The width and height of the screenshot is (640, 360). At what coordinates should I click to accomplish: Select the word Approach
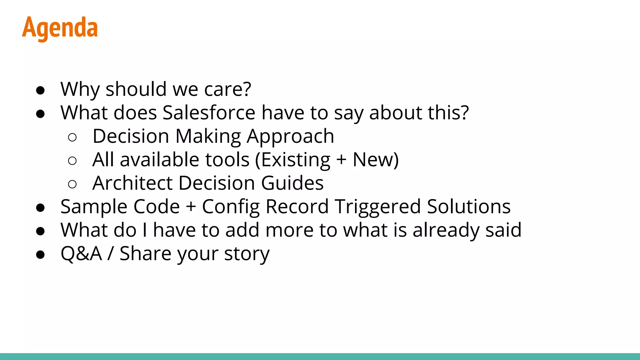click(290, 136)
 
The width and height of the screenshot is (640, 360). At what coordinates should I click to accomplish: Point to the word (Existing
click(292, 160)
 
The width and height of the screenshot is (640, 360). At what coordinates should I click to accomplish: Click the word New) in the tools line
click(375, 160)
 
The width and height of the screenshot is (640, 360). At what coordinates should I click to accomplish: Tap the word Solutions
click(469, 207)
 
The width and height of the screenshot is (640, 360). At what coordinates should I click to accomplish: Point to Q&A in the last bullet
click(81, 253)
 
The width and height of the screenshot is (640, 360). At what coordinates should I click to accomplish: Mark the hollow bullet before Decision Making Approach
click(72, 137)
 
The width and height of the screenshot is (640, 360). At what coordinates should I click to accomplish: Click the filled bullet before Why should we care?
click(40, 90)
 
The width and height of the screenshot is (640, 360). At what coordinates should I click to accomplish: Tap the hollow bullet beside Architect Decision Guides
click(72, 184)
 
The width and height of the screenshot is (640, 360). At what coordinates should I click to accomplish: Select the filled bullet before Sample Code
click(40, 208)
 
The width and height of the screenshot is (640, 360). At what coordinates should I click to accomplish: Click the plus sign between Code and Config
click(191, 207)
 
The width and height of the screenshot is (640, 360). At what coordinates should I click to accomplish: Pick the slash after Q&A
click(110, 253)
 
